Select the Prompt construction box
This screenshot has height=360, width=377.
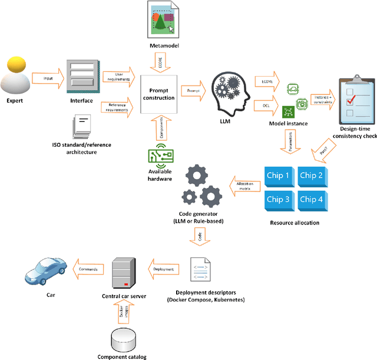coord(158,94)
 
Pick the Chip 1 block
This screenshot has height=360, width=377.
coord(279,175)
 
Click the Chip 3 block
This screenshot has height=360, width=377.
coord(279,199)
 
